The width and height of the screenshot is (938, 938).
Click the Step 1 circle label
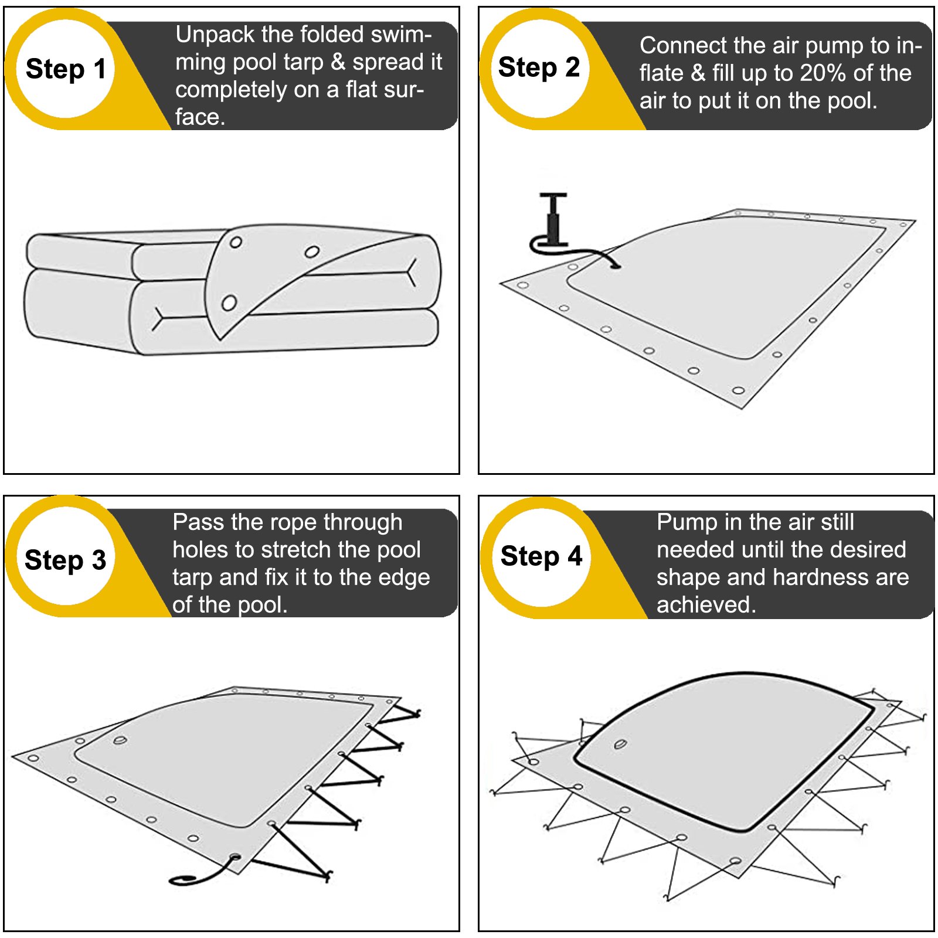point(66,69)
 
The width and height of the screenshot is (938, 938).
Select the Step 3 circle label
point(66,559)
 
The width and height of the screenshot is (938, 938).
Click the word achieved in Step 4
point(706,604)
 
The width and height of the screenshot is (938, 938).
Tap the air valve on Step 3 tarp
point(120,740)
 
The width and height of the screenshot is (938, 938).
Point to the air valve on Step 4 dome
point(620,745)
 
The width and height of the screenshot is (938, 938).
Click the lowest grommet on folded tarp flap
point(229,303)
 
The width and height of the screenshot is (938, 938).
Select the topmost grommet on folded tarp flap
point(236,242)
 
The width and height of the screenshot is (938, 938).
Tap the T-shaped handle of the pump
point(553,196)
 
